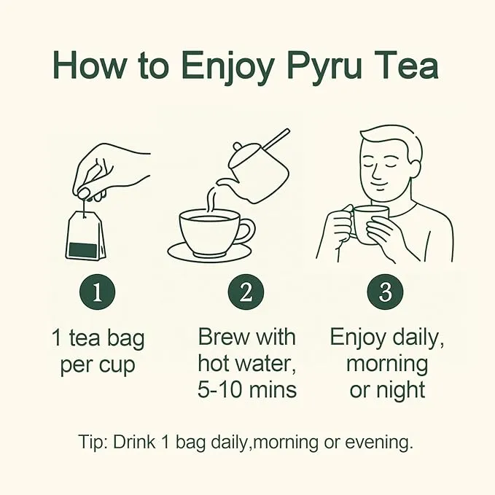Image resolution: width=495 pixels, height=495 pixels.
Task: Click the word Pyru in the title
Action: click(x=325, y=68)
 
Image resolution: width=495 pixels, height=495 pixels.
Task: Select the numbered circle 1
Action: click(x=97, y=292)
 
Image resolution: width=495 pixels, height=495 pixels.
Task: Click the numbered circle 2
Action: click(x=246, y=292)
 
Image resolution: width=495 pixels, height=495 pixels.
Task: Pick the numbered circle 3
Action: click(x=385, y=292)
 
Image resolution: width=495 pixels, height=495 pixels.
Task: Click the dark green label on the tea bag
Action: click(x=82, y=250)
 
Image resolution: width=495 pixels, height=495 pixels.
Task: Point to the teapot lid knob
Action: click(x=238, y=147)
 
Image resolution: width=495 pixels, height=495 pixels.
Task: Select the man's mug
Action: click(x=367, y=223)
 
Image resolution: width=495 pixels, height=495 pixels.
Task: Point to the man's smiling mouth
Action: click(x=380, y=184)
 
